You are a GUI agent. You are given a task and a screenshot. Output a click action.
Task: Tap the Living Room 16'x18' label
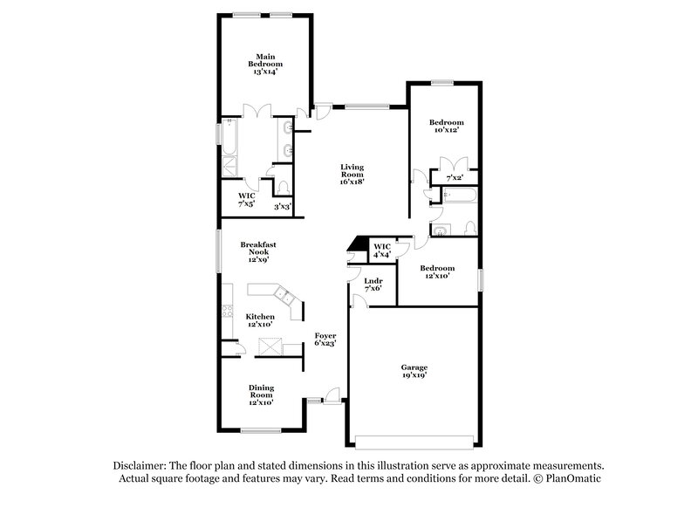(352, 174)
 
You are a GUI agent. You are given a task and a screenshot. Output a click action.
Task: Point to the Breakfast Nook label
(258, 251)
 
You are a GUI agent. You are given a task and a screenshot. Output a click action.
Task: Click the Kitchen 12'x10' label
(260, 320)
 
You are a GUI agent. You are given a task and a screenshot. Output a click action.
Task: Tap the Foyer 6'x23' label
(325, 340)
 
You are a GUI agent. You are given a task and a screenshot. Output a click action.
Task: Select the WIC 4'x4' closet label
(382, 251)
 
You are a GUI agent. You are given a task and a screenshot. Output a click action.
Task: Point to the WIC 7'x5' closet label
(247, 200)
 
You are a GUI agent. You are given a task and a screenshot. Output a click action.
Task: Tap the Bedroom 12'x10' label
(436, 272)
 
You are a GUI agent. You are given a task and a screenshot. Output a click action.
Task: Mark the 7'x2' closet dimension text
(454, 178)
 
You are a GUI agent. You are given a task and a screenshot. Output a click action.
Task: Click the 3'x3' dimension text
(283, 206)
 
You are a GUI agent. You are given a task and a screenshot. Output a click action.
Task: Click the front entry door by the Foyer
(331, 398)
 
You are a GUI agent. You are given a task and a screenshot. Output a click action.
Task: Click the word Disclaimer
(141, 466)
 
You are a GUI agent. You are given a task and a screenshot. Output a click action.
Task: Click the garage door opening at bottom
(417, 438)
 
